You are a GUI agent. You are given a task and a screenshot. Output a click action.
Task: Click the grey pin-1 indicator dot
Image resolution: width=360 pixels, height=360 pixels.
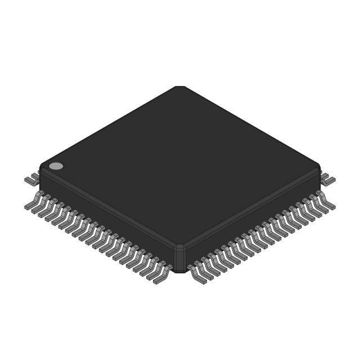point(56,166)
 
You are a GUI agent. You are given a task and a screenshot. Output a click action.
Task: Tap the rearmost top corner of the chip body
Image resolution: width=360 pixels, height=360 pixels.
point(180,87)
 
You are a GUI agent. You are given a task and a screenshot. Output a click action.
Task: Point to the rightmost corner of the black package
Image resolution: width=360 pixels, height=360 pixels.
point(319,168)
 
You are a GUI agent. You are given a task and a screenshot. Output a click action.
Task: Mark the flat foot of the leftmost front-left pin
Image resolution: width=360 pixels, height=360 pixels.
point(29,206)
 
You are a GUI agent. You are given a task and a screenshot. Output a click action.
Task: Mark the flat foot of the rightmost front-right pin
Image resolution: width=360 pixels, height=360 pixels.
point(331,206)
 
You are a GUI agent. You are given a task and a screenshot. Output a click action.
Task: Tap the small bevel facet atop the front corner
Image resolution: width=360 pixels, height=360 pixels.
point(180,247)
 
